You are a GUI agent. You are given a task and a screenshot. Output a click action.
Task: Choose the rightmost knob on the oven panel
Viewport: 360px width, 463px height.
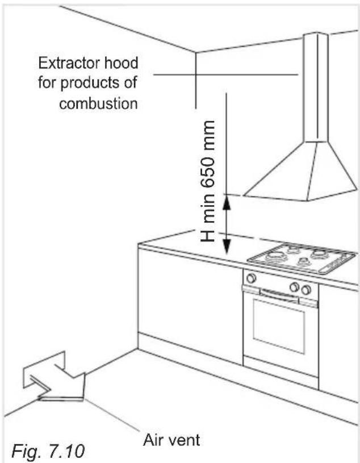tap(307, 290)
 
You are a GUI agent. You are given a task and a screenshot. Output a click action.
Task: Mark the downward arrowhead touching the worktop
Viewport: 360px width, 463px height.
tap(227, 247)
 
